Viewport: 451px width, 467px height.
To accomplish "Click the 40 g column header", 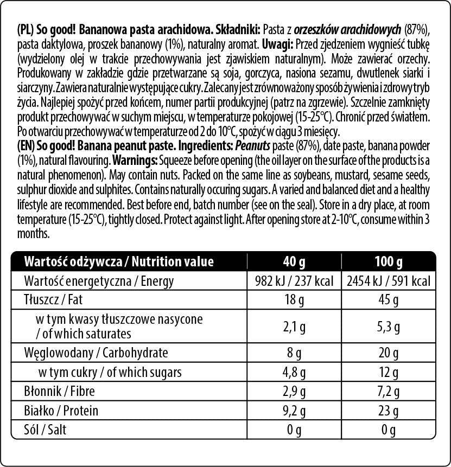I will (x=294, y=262).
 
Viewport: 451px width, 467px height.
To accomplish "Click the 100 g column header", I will (x=388, y=262).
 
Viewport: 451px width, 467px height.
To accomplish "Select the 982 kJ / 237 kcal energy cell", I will (x=295, y=281).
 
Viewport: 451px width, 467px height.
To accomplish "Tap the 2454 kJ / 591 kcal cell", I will (x=389, y=281).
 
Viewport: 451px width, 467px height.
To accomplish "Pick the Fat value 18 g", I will (x=294, y=300).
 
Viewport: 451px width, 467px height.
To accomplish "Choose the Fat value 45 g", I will (x=389, y=300).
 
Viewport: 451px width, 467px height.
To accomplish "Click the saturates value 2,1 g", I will (x=294, y=327).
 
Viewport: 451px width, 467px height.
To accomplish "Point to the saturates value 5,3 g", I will (x=389, y=327).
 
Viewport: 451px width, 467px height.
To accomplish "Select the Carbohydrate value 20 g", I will (x=389, y=353).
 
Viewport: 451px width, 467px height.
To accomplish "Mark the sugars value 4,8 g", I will (x=294, y=373).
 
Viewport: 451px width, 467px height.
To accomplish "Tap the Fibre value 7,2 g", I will (x=389, y=392).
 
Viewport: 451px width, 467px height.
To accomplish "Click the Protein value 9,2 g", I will (x=294, y=411).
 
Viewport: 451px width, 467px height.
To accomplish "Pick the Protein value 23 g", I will (x=389, y=411).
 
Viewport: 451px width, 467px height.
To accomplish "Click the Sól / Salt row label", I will (x=46, y=430).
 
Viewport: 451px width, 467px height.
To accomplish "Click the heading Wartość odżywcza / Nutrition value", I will (x=119, y=262).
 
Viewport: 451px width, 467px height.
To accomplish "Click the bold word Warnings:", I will (x=134, y=161).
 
